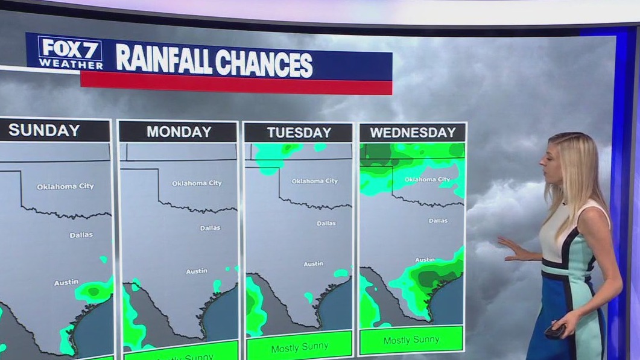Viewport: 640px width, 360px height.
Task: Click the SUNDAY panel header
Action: pos(44,130)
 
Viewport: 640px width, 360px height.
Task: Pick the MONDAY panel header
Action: pos(179,131)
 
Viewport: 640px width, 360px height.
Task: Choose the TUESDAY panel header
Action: pos(299,132)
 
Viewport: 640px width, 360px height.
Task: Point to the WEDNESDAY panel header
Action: pos(413,133)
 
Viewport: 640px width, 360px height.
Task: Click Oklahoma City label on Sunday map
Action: pos(65,186)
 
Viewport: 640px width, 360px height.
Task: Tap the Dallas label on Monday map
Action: pos(210,228)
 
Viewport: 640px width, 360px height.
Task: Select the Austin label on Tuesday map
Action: pos(313,264)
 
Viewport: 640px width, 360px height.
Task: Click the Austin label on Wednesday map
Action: pos(425,260)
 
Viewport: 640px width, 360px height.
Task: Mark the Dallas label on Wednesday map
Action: pos(438,221)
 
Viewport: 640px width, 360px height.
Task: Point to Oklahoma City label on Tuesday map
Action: pos(314,181)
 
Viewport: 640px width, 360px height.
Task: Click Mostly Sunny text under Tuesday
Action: pos(299,349)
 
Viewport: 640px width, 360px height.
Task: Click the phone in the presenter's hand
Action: pos(554,330)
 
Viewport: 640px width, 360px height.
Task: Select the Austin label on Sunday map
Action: pos(66,283)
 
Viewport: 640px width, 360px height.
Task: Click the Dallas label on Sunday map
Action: pos(81,235)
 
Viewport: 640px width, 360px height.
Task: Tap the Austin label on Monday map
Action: pos(196,271)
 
